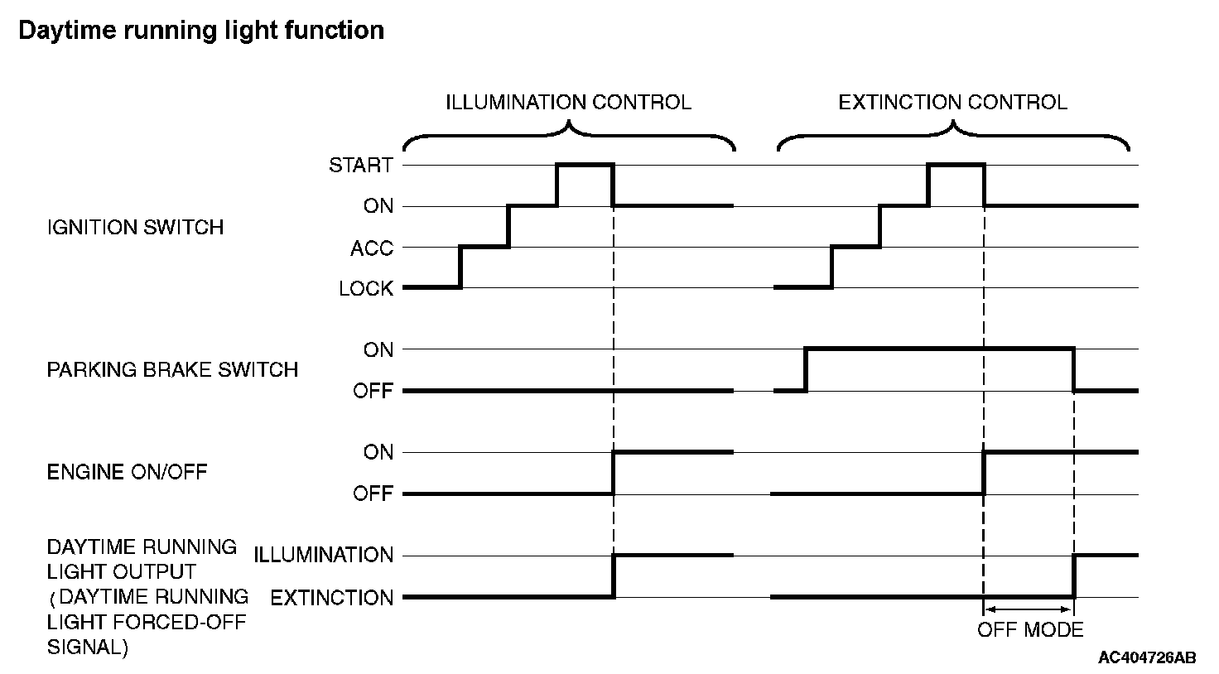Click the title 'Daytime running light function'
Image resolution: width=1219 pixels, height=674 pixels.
click(x=201, y=31)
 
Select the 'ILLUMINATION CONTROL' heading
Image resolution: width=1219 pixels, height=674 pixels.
click(x=569, y=103)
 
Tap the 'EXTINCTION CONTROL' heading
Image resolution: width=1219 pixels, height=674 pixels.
click(x=953, y=103)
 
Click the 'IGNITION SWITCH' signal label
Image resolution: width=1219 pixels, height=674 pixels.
click(x=136, y=227)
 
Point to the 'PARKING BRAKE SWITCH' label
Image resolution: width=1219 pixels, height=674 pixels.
click(x=172, y=369)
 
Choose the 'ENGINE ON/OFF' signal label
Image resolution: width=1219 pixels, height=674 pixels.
click(x=128, y=472)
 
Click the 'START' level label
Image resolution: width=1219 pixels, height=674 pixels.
click(x=361, y=165)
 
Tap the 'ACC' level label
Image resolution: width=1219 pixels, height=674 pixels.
click(x=372, y=248)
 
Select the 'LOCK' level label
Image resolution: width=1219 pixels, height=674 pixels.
click(x=366, y=288)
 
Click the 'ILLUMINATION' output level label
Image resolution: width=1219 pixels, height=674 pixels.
click(x=323, y=555)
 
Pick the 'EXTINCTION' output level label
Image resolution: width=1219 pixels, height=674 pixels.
click(x=332, y=598)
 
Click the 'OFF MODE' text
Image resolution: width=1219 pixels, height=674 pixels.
click(x=1030, y=629)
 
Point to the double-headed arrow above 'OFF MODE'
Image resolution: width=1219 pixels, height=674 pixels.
click(x=1029, y=609)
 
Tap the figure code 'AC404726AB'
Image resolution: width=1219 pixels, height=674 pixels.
click(x=1147, y=657)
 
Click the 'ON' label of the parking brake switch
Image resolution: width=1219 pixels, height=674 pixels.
click(x=378, y=349)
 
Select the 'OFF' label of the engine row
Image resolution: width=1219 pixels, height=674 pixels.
click(x=373, y=493)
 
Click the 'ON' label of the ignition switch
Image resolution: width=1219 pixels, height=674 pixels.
click(x=378, y=205)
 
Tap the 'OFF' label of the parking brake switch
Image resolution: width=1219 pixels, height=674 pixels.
click(x=373, y=391)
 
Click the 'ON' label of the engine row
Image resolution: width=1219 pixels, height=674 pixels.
click(x=378, y=451)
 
